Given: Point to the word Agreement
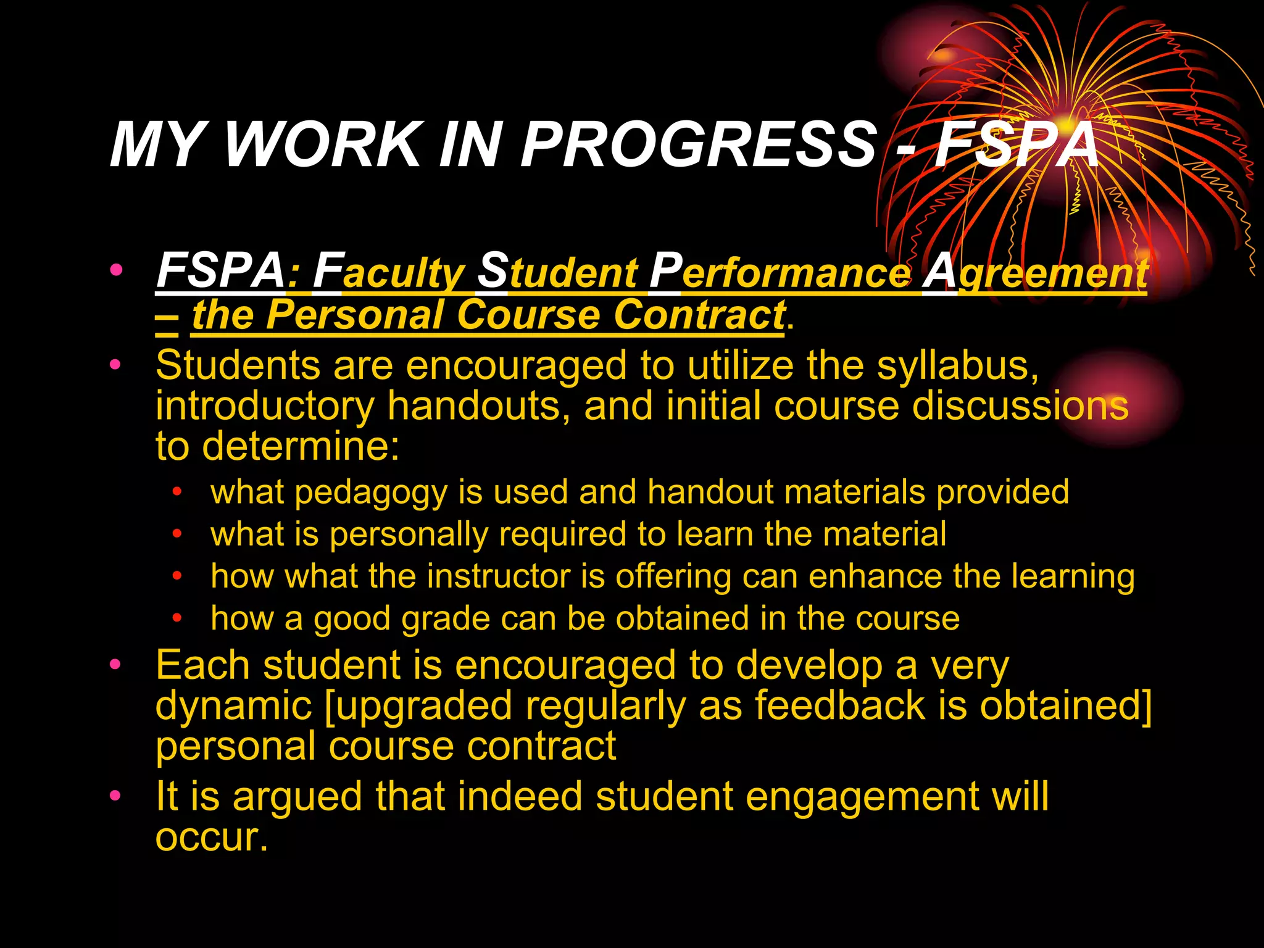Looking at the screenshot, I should pos(1035,272).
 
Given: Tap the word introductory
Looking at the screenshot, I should pos(265,406).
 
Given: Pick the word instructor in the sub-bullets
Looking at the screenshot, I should pos(499,576).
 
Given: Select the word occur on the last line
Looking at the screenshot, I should pos(207,838).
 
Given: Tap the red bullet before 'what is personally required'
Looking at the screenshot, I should pos(178,533).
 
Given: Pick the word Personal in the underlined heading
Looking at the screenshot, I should pos(355,315).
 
